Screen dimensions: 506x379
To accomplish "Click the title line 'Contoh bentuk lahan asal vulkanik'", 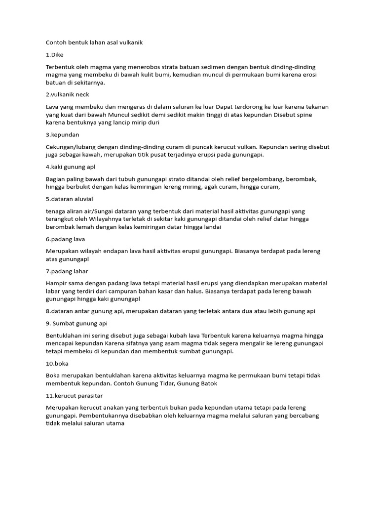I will [x=94, y=42].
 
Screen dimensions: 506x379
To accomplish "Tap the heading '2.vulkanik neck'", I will [x=67, y=94].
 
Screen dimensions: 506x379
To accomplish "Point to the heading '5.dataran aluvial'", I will [x=69, y=199].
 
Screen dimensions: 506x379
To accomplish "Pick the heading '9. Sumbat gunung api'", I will [x=76, y=324].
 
